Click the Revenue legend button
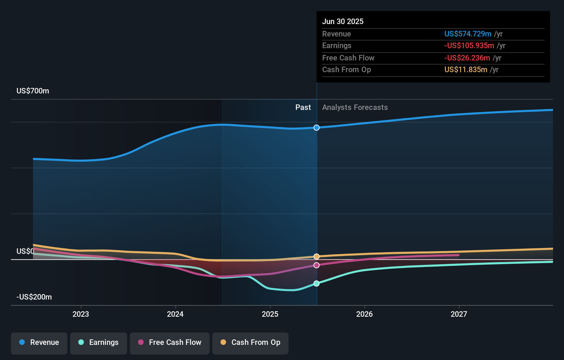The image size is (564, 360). (x=39, y=342)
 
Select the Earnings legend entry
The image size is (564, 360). (x=99, y=342)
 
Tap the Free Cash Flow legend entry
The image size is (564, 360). (x=170, y=342)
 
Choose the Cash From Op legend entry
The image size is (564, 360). (x=250, y=342)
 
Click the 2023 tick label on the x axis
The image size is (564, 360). (x=81, y=314)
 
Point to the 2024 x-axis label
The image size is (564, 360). (x=175, y=314)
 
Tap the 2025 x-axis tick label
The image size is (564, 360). (x=270, y=314)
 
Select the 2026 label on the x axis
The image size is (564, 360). (x=364, y=314)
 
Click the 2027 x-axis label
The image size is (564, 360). (x=459, y=314)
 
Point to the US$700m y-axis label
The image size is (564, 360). (x=33, y=91)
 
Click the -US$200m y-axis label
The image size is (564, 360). (x=34, y=297)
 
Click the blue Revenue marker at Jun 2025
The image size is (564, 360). (x=316, y=128)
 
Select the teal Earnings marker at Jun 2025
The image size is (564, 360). (x=316, y=283)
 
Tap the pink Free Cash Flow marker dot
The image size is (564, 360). (x=316, y=265)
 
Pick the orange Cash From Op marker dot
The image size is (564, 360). (x=316, y=257)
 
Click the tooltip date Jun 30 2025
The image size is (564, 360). (x=342, y=21)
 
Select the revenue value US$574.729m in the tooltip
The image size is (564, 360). (x=467, y=34)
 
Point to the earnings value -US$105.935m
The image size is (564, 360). (x=469, y=45)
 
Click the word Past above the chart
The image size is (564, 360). (x=303, y=108)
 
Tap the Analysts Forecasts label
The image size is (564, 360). (x=355, y=108)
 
